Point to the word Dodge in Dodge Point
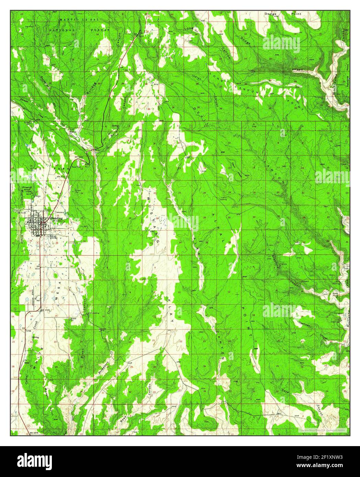[x=270, y=14]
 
